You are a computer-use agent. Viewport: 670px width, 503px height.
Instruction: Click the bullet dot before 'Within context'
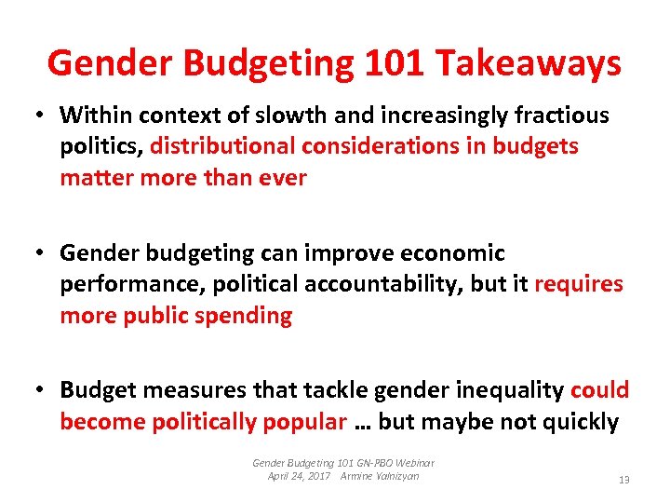[42, 116]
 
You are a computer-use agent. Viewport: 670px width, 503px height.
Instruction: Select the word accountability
[382, 284]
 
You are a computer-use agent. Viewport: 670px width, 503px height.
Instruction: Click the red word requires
[579, 284]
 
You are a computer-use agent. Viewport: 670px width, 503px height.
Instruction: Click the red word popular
[303, 421]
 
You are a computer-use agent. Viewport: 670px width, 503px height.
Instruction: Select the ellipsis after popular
[362, 423]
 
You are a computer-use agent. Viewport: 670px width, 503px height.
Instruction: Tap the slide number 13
[623, 480]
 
